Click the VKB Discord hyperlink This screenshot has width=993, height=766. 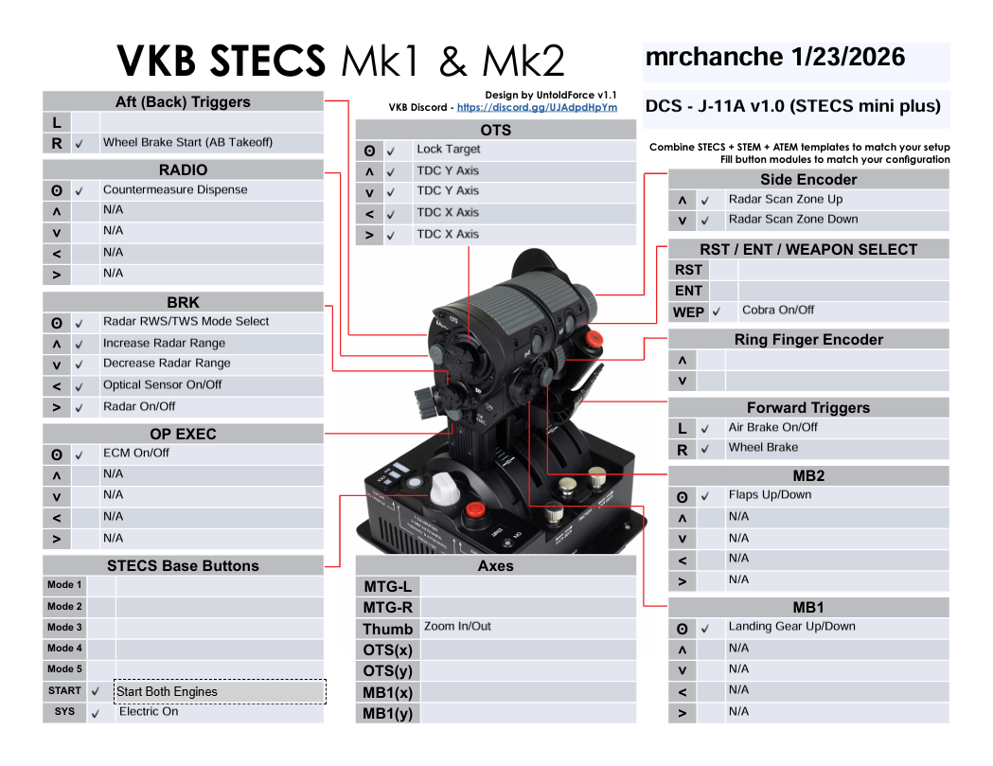point(537,108)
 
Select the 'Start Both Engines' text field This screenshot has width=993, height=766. point(220,691)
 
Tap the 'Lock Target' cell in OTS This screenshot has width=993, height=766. point(449,149)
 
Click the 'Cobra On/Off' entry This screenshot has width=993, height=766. point(778,310)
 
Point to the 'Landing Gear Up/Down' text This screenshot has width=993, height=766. point(791,626)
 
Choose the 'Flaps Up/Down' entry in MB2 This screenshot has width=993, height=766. point(770,494)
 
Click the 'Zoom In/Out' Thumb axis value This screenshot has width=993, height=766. point(457,626)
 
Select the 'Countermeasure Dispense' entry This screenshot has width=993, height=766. point(175,189)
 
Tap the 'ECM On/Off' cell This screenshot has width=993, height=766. point(136,453)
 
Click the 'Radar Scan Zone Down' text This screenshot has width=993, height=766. point(793,220)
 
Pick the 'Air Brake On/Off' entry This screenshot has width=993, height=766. point(772,427)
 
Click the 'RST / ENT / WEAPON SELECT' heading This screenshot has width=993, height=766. point(808,250)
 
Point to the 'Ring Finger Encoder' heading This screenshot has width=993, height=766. point(808,340)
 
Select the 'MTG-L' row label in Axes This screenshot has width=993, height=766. point(387,587)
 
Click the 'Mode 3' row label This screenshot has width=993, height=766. point(64,627)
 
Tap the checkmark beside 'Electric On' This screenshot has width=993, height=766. point(96,713)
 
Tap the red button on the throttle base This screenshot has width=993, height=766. point(475,509)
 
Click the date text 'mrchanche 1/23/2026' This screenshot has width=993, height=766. point(775,57)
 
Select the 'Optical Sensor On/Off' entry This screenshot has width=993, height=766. point(162,384)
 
